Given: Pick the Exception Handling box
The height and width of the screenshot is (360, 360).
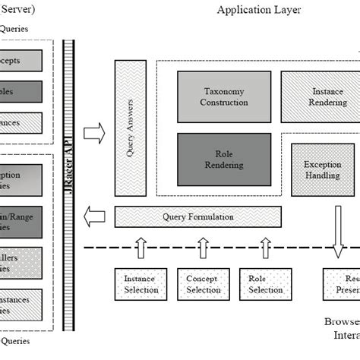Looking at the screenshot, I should [x=322, y=169].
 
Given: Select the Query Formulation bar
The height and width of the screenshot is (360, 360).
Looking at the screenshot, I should [x=197, y=216].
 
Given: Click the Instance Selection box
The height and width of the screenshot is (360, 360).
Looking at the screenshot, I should [x=141, y=284].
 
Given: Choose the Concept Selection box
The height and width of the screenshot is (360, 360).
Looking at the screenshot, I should [x=203, y=284].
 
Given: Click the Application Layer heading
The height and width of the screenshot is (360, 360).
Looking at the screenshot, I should [x=258, y=10].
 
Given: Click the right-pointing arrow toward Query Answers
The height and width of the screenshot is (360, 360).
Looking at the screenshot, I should [x=94, y=134].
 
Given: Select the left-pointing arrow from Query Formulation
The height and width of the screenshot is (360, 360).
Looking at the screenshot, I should [x=94, y=216].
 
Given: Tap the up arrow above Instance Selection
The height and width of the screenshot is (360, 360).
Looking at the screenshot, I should [x=141, y=246].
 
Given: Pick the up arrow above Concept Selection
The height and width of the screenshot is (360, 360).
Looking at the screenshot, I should [x=203, y=246].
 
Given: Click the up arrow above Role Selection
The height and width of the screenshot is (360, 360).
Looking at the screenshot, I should [x=265, y=246].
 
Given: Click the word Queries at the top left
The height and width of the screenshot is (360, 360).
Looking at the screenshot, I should [x=15, y=29].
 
